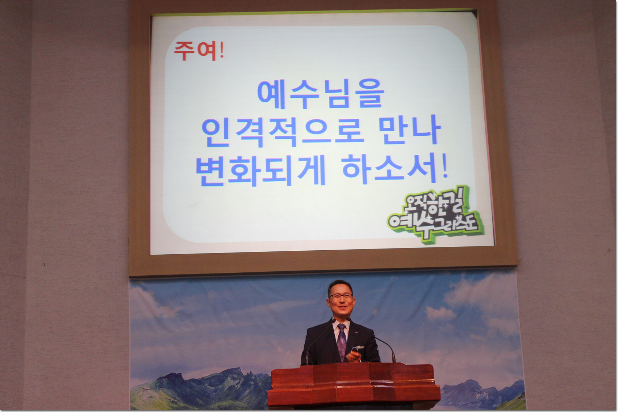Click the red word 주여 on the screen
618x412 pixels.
click(x=195, y=51)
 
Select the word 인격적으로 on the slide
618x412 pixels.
click(x=282, y=132)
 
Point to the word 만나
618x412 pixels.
click(x=410, y=130)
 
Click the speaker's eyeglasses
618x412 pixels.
click(x=341, y=296)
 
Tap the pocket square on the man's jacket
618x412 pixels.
click(x=359, y=348)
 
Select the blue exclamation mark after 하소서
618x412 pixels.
click(x=444, y=167)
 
